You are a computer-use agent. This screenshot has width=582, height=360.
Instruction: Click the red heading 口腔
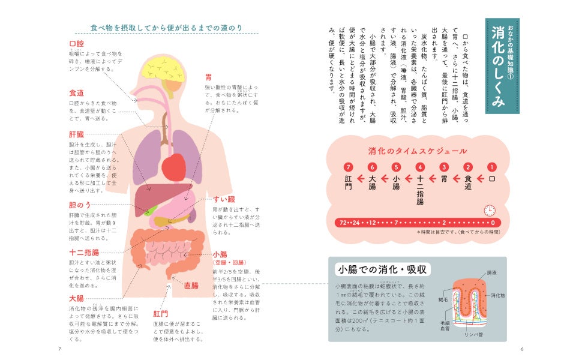[76, 44]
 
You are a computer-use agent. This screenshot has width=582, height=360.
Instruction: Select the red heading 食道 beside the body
[76, 93]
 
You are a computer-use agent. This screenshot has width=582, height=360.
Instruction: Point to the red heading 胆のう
[79, 205]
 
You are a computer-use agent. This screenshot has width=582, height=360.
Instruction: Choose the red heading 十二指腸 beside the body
[84, 253]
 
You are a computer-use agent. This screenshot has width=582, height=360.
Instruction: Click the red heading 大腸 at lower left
[76, 298]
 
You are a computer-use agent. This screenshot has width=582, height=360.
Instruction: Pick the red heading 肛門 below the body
[160, 314]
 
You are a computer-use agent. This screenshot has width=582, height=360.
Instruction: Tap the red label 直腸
[191, 286]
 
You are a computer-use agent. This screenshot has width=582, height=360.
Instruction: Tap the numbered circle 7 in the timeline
[348, 167]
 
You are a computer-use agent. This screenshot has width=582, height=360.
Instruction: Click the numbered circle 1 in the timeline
[492, 167]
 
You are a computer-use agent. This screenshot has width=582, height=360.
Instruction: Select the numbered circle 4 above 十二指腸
[420, 167]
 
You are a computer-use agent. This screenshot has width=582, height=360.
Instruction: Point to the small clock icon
[490, 211]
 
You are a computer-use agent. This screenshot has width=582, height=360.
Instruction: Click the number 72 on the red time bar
[344, 223]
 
